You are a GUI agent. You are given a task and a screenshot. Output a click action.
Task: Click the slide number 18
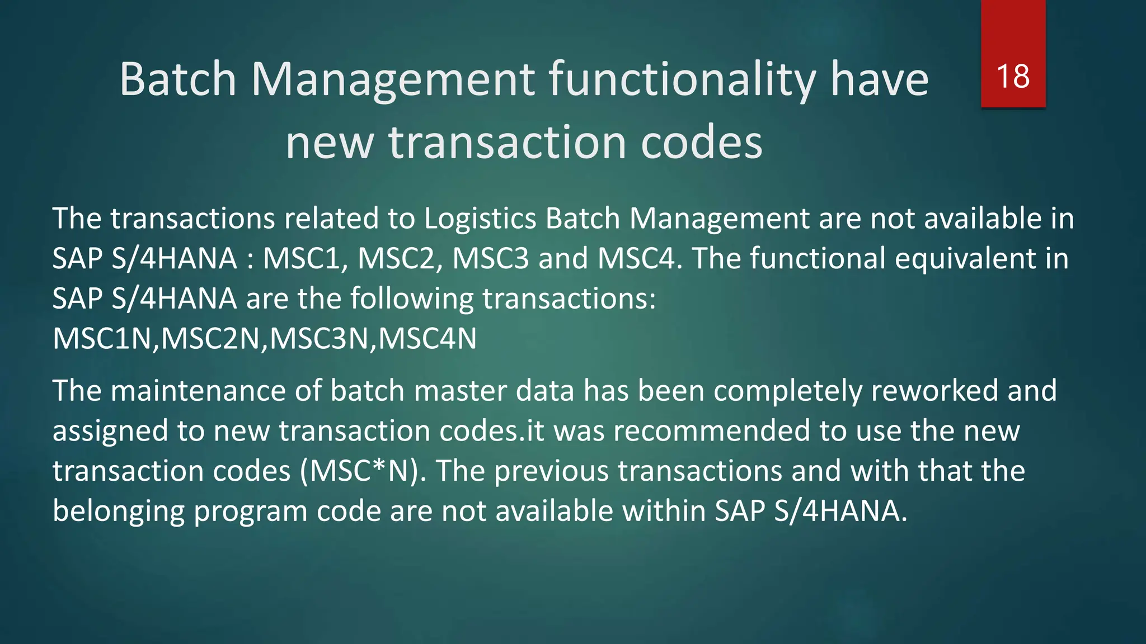tap(1013, 77)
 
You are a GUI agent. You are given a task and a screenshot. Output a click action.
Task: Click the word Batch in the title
tap(178, 79)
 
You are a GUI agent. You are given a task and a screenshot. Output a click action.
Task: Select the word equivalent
tap(965, 259)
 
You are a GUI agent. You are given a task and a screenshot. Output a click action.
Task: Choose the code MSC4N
tap(428, 339)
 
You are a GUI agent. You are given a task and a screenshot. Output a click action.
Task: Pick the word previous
tap(551, 471)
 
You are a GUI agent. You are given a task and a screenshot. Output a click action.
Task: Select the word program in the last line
tap(250, 512)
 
